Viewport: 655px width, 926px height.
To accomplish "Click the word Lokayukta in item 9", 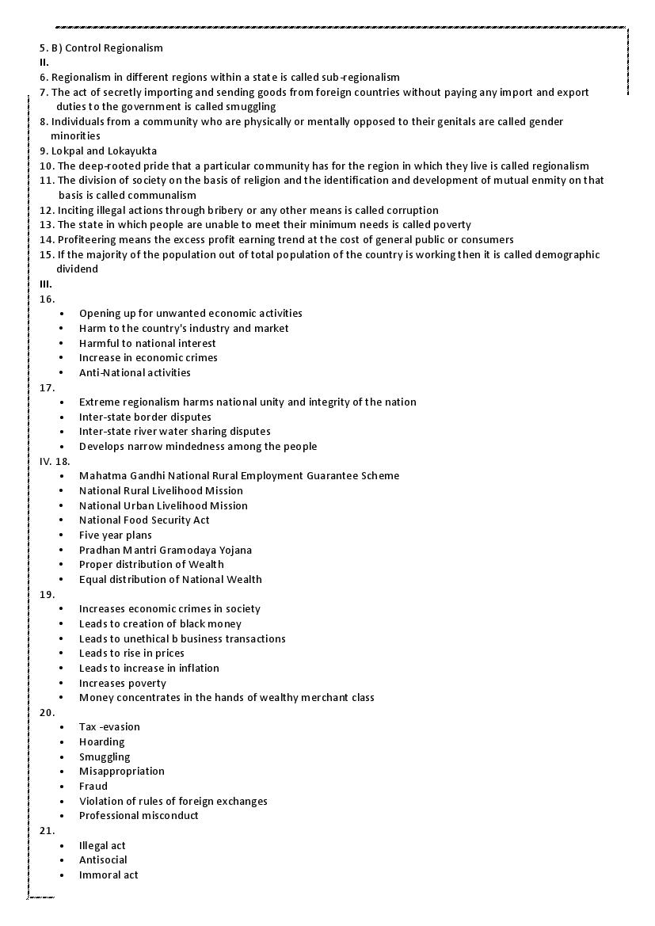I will pos(131,151).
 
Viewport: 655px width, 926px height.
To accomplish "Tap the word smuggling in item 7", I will pos(250,106).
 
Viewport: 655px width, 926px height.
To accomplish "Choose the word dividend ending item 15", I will pos(77,269).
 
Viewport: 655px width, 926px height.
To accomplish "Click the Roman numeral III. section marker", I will pos(46,284).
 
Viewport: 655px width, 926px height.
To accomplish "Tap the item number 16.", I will pos(48,299).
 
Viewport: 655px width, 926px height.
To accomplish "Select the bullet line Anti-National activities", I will pos(135,372).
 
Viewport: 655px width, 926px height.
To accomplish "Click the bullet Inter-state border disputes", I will pos(145,417).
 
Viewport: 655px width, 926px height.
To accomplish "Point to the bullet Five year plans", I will pos(115,535).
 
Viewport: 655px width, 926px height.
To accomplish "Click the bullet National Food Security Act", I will pos(144,520).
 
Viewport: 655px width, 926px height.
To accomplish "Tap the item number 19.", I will pos(48,593).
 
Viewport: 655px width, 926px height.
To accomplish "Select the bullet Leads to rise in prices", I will pos(131,653).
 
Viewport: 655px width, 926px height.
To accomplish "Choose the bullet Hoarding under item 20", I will pos(101,741).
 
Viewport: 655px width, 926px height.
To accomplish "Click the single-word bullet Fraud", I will pos(93,786).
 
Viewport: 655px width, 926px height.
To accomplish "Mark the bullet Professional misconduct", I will pos(139,815).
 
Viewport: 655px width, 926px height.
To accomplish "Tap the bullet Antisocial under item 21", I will pos(103,859).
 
